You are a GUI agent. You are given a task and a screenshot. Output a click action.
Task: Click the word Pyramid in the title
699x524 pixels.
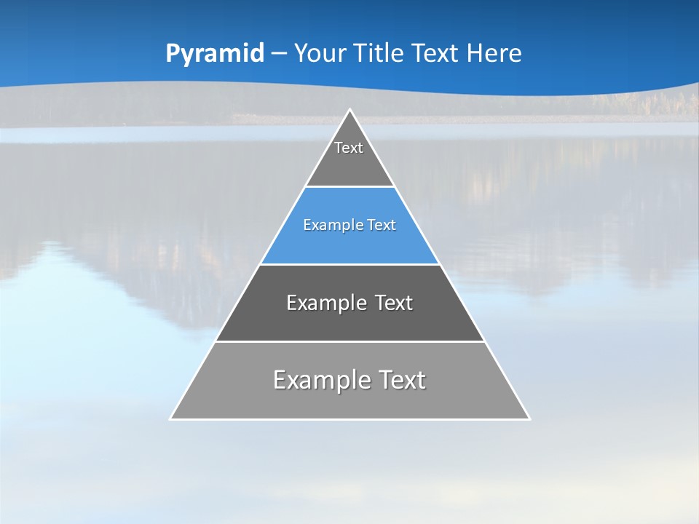[214, 54]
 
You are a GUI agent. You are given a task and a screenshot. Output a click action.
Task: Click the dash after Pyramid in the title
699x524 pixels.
[278, 54]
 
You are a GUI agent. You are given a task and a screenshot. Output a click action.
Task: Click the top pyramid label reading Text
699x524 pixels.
[349, 148]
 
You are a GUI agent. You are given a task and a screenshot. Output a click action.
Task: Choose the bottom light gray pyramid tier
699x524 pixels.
[349, 400]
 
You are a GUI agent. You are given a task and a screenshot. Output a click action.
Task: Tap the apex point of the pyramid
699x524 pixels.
[349, 110]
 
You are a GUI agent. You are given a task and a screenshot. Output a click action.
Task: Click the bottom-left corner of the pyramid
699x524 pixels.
[171, 418]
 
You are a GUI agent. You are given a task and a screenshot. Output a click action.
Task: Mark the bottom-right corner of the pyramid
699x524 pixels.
[529, 418]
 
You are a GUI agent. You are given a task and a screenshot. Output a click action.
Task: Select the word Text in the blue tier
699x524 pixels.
[381, 225]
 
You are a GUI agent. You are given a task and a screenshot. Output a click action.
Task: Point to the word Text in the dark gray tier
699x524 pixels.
[393, 303]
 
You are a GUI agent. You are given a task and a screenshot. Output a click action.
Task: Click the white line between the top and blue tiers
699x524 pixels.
[349, 186]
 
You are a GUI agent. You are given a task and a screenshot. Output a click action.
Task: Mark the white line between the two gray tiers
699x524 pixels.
[349, 341]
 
